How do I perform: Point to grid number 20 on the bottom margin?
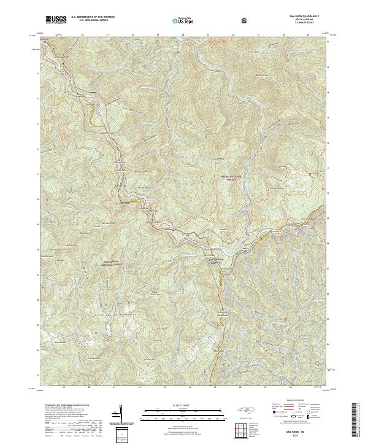click(x=90, y=388)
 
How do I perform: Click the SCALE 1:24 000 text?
click(x=175, y=405)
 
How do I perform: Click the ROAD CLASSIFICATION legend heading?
click(x=292, y=398)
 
